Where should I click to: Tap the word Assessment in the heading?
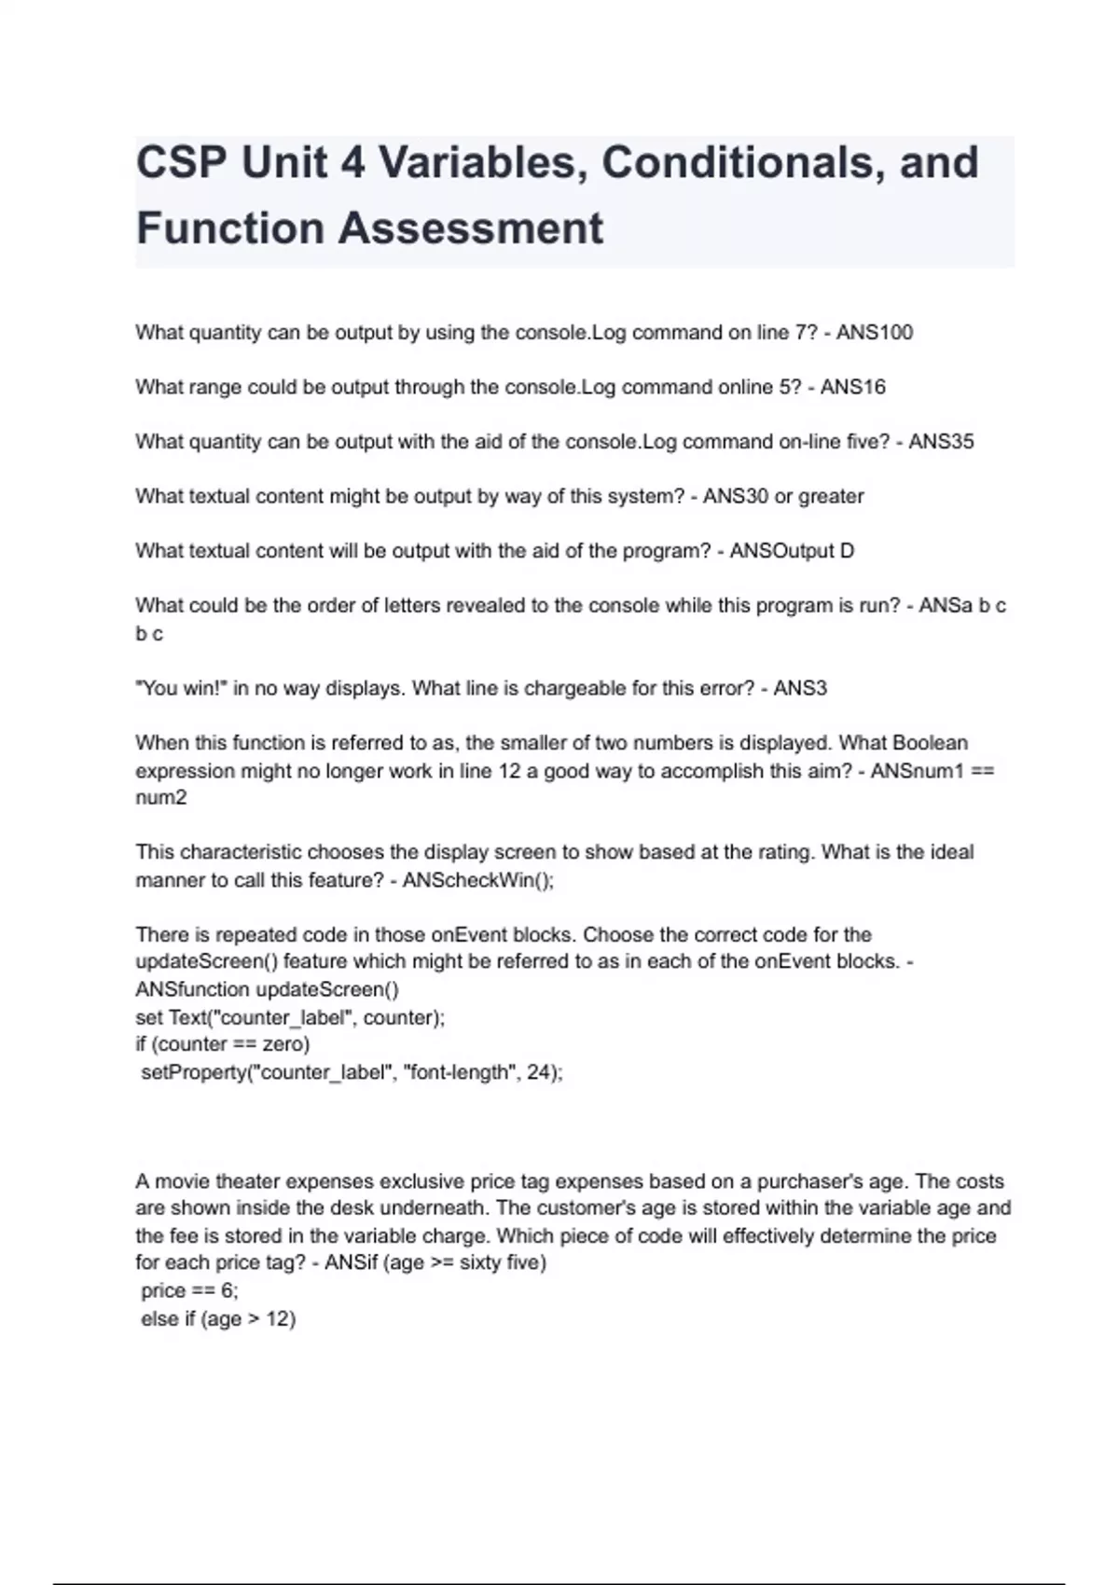(x=473, y=228)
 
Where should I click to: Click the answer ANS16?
(x=853, y=387)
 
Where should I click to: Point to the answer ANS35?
(x=941, y=442)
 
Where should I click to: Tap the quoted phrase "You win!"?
(x=181, y=688)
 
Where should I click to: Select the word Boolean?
(x=930, y=743)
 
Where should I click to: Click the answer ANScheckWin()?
(x=477, y=880)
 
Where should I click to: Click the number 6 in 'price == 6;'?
(x=228, y=1290)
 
